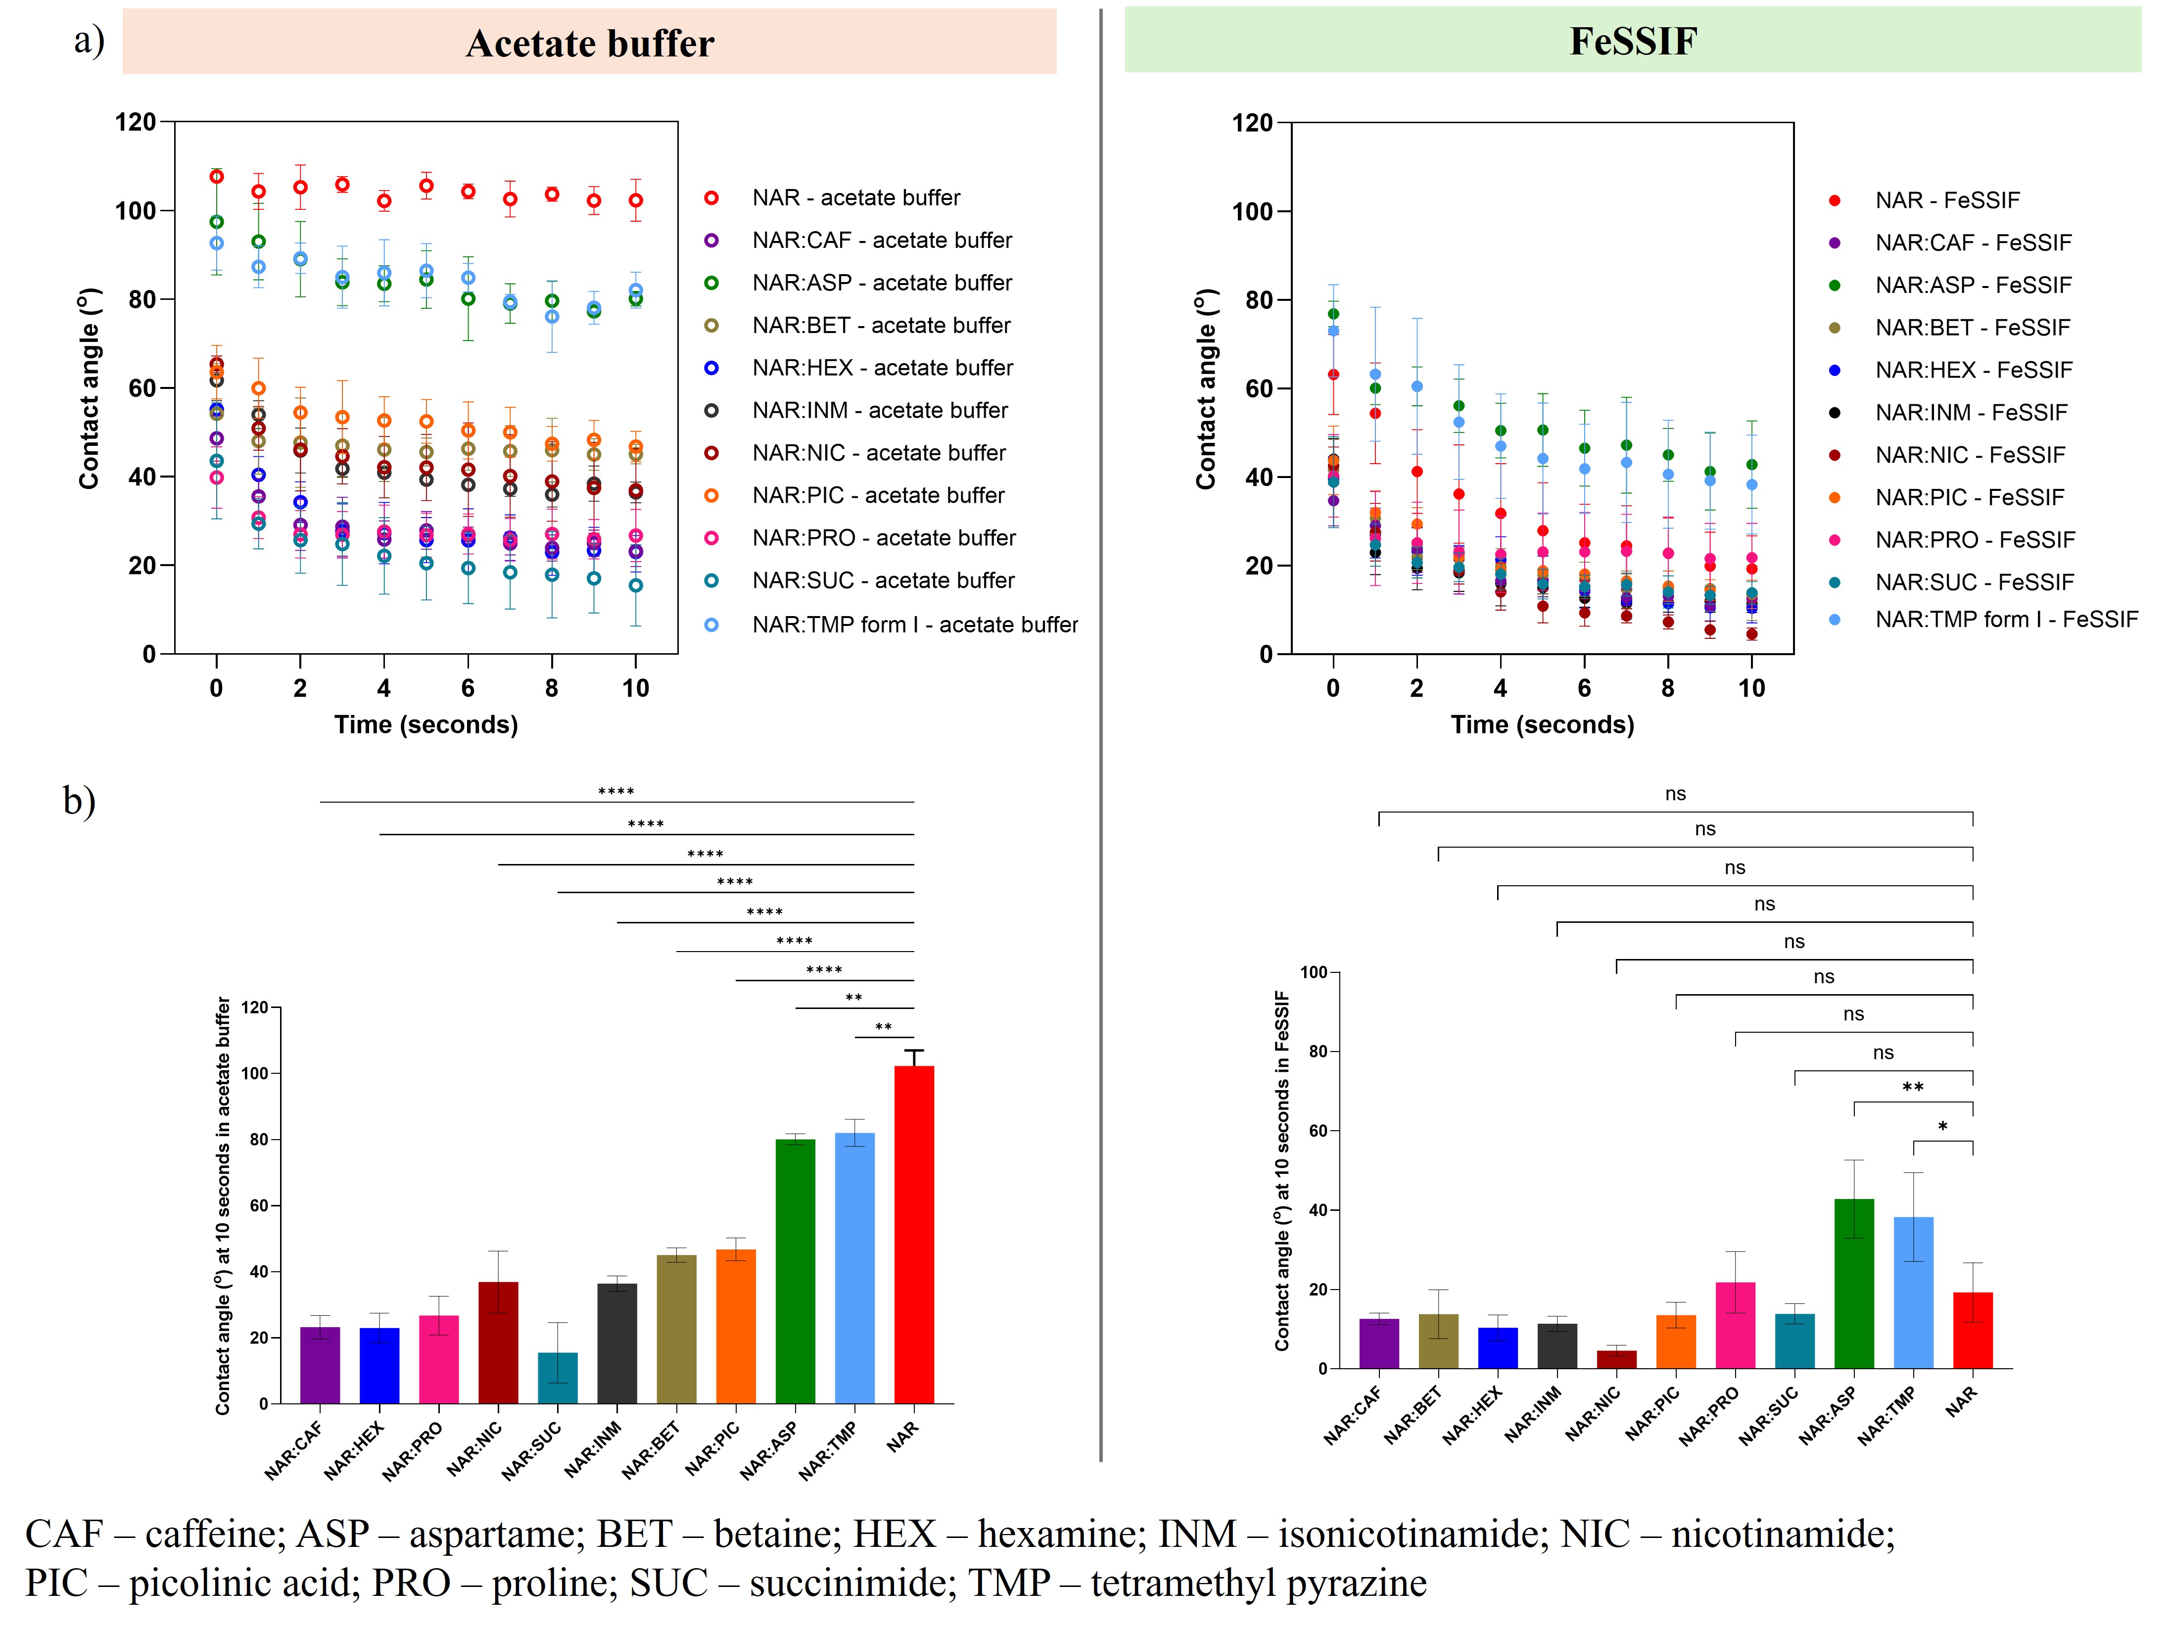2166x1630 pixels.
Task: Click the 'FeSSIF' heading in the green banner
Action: click(1632, 41)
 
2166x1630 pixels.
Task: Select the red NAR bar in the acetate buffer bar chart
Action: click(914, 1234)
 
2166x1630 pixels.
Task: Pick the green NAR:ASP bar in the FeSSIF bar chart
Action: click(1854, 1283)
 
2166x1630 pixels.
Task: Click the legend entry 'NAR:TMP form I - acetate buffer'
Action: click(914, 625)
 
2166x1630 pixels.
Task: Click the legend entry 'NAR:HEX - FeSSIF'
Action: click(1973, 370)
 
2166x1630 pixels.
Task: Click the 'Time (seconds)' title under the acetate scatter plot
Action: click(426, 725)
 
